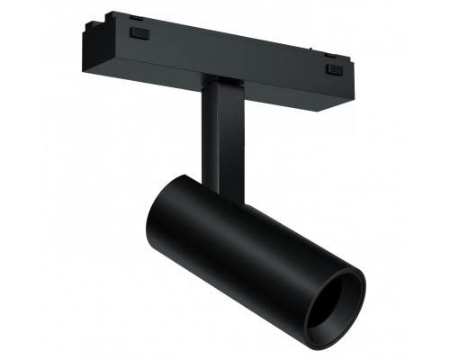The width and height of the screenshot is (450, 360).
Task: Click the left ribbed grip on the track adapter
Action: tap(138, 33)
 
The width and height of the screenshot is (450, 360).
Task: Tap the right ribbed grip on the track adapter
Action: tap(335, 68)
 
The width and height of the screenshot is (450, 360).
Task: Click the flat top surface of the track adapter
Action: tap(225, 31)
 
